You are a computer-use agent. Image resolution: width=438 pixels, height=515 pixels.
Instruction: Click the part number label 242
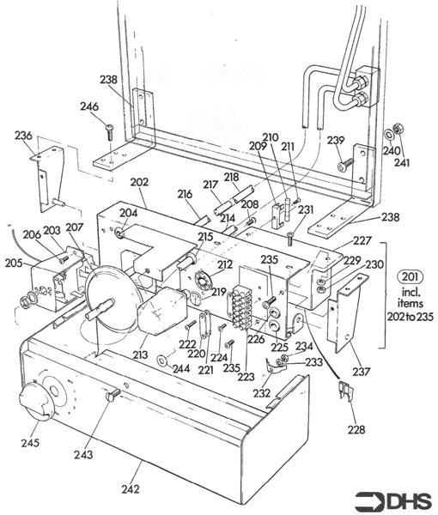tap(131, 489)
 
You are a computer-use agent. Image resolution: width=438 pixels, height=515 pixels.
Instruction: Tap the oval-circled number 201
tap(411, 276)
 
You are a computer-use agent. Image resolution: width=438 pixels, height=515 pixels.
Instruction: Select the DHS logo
tap(393, 501)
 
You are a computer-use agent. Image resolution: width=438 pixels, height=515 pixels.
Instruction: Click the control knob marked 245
tap(34, 400)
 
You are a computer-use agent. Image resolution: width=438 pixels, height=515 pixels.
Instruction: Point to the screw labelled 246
tap(109, 132)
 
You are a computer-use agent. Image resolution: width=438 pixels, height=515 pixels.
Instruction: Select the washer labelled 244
tap(162, 360)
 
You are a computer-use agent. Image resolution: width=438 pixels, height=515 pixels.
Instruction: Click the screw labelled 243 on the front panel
tap(113, 394)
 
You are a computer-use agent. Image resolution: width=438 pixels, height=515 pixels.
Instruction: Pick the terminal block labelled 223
tap(242, 307)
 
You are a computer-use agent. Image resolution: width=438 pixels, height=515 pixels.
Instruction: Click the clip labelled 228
tap(346, 391)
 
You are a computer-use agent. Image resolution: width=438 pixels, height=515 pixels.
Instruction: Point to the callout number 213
tap(140, 354)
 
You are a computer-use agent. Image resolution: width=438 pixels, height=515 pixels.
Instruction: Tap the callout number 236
tap(23, 136)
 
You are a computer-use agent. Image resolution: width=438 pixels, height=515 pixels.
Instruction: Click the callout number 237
tap(362, 372)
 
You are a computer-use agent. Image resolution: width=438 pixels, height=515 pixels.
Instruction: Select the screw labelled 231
tap(289, 239)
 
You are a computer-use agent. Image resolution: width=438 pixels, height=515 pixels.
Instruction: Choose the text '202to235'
tap(410, 317)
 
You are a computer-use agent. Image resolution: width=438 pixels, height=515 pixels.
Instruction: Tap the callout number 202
tap(139, 182)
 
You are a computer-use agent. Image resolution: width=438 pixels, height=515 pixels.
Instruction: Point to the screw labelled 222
tap(191, 324)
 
